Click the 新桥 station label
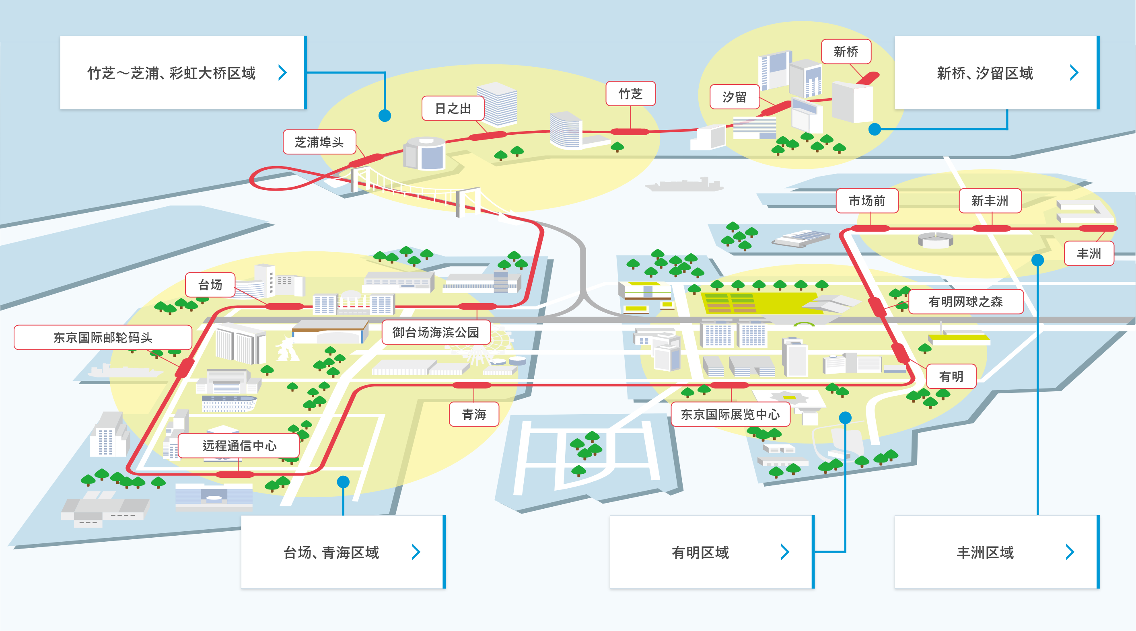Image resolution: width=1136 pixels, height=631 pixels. [x=846, y=51]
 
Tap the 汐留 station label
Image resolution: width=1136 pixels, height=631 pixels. [x=735, y=97]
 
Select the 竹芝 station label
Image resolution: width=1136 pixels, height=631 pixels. [x=631, y=93]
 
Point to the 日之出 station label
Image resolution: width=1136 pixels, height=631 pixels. [x=453, y=109]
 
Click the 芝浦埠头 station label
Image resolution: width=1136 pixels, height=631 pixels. [x=319, y=142]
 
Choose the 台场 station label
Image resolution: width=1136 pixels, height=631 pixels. [x=210, y=285]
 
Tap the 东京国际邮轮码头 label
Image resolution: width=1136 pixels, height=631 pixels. [x=103, y=338]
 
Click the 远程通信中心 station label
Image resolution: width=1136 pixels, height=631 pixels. [x=239, y=446]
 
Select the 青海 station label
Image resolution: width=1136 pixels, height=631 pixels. [x=474, y=415]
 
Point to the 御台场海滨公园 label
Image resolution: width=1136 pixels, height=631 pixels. [x=436, y=332]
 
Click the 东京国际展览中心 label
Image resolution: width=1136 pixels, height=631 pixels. [x=730, y=415]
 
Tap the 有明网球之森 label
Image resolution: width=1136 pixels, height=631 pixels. [x=965, y=302]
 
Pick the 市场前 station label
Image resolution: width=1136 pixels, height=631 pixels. [x=867, y=201]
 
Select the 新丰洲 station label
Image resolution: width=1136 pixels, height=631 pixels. [x=990, y=201]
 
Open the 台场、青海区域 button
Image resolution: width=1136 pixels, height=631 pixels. [x=343, y=552]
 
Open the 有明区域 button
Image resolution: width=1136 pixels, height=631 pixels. [x=712, y=552]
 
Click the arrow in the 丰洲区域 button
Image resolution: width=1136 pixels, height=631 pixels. [x=1070, y=552]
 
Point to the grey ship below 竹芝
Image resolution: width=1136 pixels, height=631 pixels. [x=684, y=184]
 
